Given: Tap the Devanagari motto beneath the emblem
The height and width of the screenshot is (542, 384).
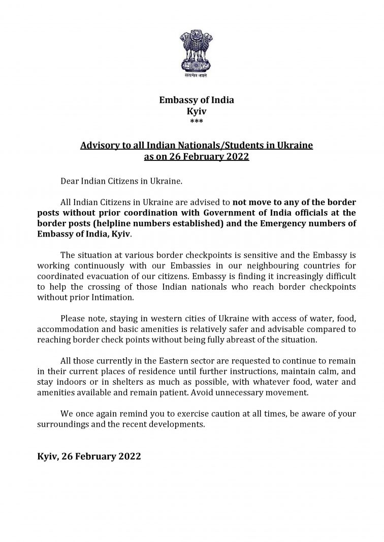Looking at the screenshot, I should [197, 76].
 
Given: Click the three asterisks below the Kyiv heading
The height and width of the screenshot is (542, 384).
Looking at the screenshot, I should [197, 121].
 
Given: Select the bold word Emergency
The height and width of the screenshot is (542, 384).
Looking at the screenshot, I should [291, 224].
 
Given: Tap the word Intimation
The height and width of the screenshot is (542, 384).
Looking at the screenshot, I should [104, 298].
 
